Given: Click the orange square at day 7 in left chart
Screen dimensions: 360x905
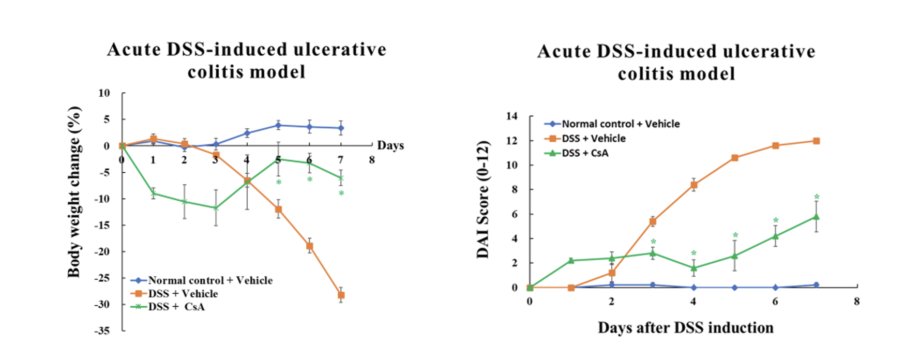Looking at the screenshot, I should click(x=341, y=295).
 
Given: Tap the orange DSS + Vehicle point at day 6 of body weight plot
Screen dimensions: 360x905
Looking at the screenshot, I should click(x=310, y=246).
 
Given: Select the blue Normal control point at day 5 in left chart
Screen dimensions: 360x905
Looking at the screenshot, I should click(x=278, y=125).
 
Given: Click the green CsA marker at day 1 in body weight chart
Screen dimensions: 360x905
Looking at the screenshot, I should click(x=153, y=193).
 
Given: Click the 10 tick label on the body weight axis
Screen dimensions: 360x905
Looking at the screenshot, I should click(x=104, y=93).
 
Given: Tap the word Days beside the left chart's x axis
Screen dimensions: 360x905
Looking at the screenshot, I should click(x=390, y=145).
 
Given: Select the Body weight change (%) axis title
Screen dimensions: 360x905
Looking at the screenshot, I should click(x=74, y=191).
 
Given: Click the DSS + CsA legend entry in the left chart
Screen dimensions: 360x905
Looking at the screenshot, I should click(x=176, y=307).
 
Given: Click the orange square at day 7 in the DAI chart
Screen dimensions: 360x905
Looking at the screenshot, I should click(x=817, y=141).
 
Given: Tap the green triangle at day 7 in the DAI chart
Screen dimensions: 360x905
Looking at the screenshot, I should click(x=817, y=216).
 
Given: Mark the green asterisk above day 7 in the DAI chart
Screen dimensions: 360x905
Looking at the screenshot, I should click(x=817, y=197).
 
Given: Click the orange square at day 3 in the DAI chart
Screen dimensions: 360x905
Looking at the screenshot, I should click(x=653, y=221).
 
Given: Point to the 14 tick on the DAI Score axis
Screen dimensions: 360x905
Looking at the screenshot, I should click(x=511, y=116).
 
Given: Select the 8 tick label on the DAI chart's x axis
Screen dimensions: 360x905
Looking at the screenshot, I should click(x=857, y=302).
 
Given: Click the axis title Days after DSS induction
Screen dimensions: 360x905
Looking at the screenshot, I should click(x=686, y=328).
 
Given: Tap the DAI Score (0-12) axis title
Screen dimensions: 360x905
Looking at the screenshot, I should click(x=483, y=199).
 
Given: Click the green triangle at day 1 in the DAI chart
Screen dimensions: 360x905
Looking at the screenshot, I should click(x=571, y=260).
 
